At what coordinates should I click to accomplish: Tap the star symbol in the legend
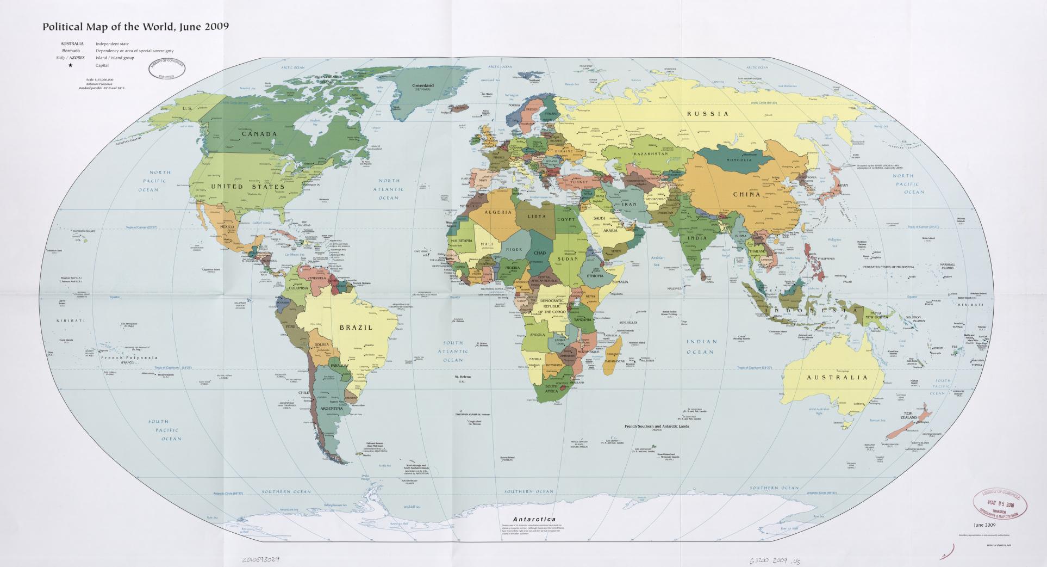coord(71,65)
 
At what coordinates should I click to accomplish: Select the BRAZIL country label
coord(356,328)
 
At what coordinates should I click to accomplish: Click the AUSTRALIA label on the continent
coord(837,377)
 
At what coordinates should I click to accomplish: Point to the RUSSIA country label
coord(707,114)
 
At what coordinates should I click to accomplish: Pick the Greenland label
coord(422,86)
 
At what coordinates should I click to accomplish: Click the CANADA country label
coord(259,134)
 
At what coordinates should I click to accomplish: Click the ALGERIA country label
coord(498,212)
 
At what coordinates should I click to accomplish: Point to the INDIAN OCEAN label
coord(700,347)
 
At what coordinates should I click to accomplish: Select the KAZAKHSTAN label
coord(650,154)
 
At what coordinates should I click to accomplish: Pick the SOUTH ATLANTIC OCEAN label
coord(453,352)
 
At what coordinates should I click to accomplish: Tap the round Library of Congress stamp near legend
coord(166,70)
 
